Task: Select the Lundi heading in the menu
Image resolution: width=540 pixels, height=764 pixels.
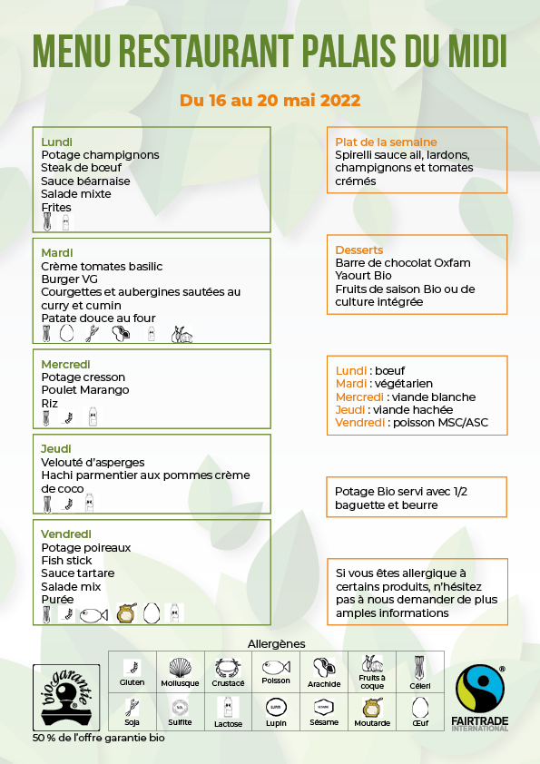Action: click(57, 142)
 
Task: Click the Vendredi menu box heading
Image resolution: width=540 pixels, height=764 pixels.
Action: click(66, 534)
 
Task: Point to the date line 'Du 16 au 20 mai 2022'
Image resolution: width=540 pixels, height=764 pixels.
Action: click(270, 100)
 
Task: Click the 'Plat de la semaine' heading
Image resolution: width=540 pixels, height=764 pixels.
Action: click(386, 142)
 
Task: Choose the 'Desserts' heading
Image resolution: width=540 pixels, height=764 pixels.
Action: click(359, 250)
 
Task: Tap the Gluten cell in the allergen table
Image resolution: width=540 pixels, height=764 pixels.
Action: click(133, 672)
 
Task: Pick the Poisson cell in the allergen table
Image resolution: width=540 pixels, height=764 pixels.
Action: click(276, 672)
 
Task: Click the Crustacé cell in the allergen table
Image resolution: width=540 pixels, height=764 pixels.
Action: click(229, 672)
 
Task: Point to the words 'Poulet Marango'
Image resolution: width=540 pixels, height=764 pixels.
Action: click(85, 390)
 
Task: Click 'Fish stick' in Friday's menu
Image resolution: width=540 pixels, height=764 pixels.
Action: click(67, 561)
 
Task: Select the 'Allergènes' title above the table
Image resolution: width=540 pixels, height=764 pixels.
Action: click(276, 643)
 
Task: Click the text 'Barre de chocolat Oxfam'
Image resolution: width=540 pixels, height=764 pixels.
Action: click(403, 263)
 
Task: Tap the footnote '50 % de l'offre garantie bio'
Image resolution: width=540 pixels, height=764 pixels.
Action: click(99, 738)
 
